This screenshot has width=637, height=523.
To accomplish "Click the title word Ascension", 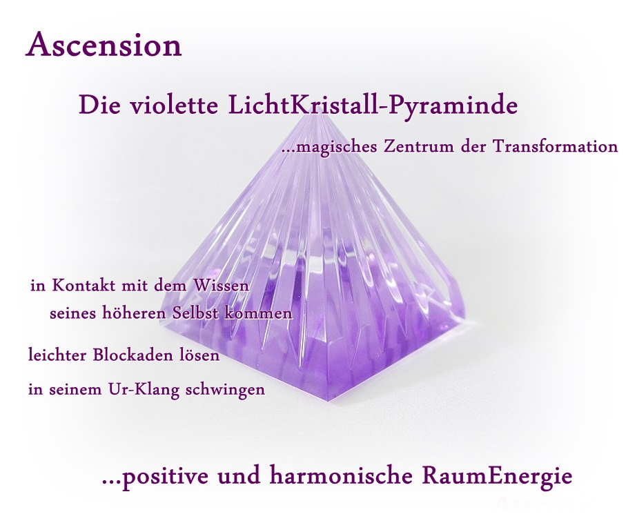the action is coord(104,45).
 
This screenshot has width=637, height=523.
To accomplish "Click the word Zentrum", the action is coord(419,146).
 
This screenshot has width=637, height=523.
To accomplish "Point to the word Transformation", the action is coord(556,146).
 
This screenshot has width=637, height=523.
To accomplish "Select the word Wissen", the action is coord(221,286).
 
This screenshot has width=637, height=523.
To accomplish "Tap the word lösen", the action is coord(199,355).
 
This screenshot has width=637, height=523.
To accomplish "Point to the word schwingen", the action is coord(225,391).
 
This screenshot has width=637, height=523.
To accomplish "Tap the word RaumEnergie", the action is coord(497,477).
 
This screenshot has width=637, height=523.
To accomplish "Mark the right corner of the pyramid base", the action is coord(466,313).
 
